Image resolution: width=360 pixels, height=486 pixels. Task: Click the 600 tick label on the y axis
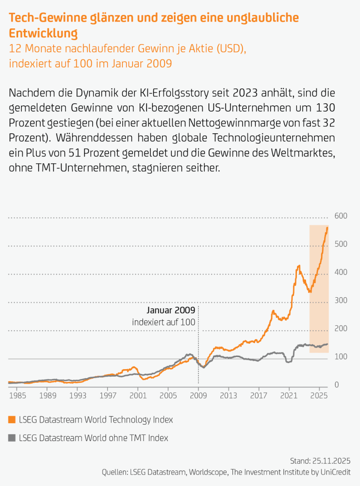coord(341,216)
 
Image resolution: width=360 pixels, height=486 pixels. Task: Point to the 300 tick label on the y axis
coord(341,301)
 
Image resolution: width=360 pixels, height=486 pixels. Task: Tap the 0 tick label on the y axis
coord(337,385)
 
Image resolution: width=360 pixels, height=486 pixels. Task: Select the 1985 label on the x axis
coord(17,396)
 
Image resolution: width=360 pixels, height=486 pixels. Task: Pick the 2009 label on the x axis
coord(198,396)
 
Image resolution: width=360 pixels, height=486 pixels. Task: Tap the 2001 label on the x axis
coord(138,396)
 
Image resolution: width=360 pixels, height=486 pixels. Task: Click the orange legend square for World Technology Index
coord(12,420)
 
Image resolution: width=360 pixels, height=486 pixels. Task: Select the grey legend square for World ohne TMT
coord(12,438)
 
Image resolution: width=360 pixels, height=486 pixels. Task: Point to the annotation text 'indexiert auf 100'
coord(163,322)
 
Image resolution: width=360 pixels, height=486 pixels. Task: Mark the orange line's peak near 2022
coord(299,266)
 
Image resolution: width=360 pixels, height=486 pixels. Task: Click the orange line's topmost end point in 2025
coord(327,228)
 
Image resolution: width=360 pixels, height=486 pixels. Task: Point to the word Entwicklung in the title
coord(43,33)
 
